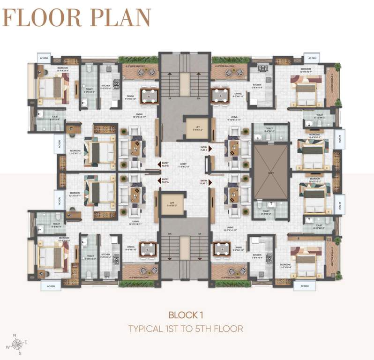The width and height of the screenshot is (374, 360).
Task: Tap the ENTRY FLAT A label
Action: point(165,180)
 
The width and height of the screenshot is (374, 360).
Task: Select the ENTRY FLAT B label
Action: point(165,164)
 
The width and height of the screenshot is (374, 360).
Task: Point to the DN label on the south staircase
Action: point(170,233)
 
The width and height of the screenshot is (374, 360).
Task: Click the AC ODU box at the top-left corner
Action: point(44,59)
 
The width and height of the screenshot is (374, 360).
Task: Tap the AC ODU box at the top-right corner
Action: point(312,59)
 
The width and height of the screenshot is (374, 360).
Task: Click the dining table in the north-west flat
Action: point(149,96)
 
